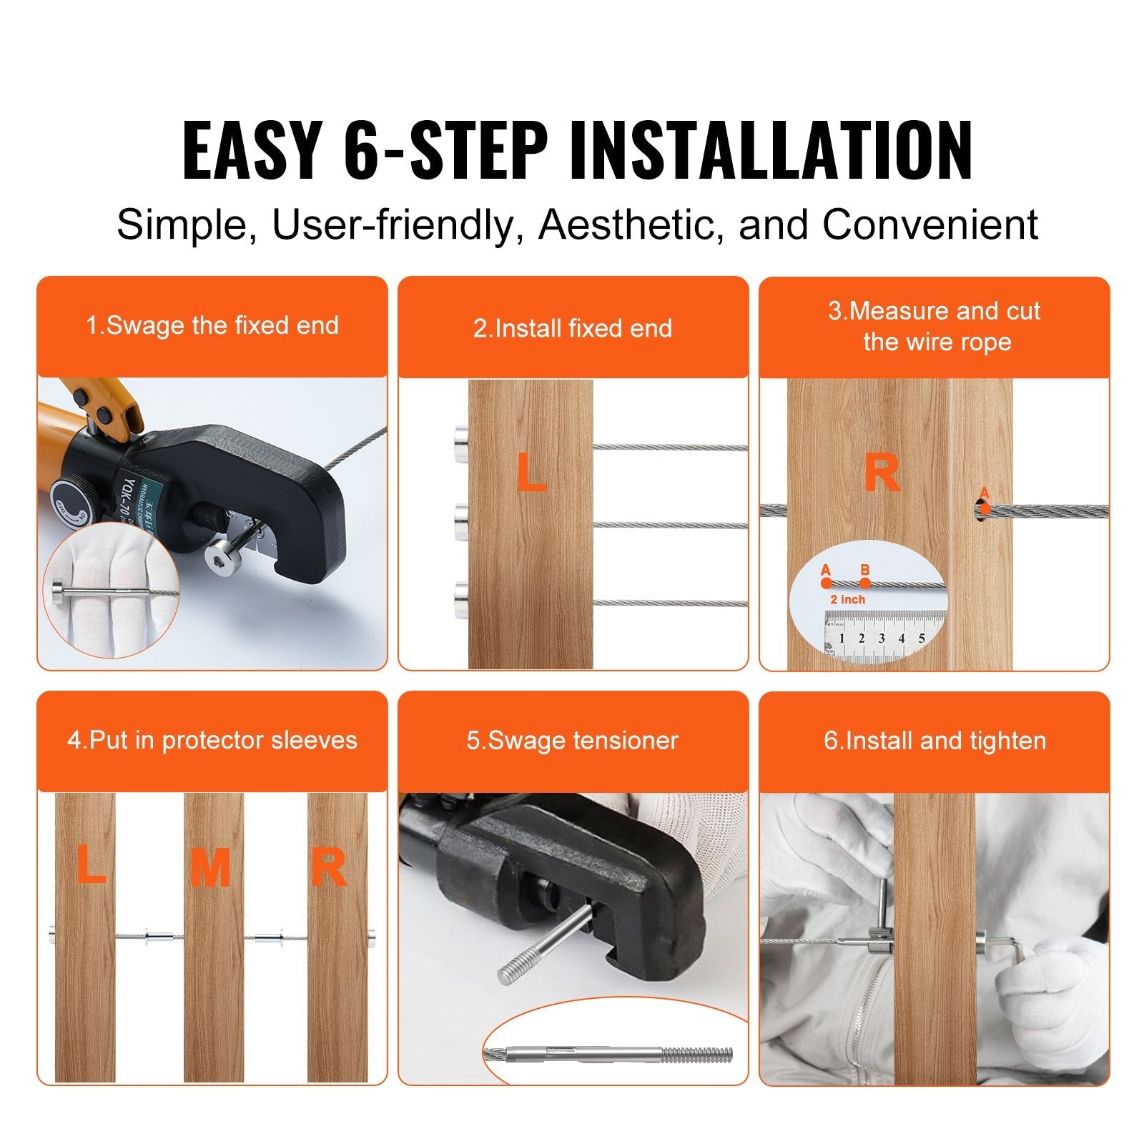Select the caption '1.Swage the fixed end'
(x=212, y=326)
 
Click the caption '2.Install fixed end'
(x=573, y=328)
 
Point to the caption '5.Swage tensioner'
(x=573, y=741)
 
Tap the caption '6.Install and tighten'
(x=935, y=741)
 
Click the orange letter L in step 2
(x=531, y=473)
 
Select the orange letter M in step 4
(x=210, y=868)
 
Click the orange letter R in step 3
(x=882, y=473)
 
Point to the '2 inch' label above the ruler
(x=847, y=600)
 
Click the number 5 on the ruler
(x=922, y=638)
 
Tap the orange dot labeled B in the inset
(x=865, y=583)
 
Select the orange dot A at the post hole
(x=985, y=509)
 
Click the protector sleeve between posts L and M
(x=159, y=935)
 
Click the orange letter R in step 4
(x=328, y=868)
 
